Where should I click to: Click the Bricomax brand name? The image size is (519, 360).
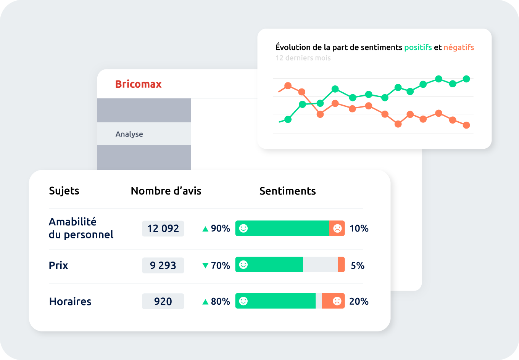click(138, 84)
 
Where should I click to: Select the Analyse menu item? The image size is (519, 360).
click(129, 134)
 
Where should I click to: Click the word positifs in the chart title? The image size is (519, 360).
click(418, 47)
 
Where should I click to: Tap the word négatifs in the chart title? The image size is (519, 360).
click(459, 47)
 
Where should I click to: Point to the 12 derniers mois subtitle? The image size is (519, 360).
click(303, 58)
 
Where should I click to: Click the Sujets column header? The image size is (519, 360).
click(64, 191)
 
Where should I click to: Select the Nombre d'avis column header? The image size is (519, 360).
click(166, 191)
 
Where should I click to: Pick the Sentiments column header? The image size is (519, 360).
click(287, 191)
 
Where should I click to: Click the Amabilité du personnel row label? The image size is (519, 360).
click(81, 228)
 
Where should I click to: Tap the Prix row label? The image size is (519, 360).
click(58, 265)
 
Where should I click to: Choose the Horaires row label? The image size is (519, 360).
click(70, 301)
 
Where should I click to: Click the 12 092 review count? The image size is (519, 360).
click(163, 228)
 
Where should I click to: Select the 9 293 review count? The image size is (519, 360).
click(163, 265)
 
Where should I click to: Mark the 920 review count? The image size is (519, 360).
click(163, 301)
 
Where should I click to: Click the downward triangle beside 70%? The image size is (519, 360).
click(205, 265)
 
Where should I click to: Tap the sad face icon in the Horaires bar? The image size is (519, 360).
click(337, 301)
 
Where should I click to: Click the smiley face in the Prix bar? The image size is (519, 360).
click(243, 265)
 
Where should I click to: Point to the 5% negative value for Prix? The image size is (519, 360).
click(358, 265)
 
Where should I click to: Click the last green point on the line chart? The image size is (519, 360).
click(466, 79)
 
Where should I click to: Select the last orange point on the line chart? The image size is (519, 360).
click(466, 125)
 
